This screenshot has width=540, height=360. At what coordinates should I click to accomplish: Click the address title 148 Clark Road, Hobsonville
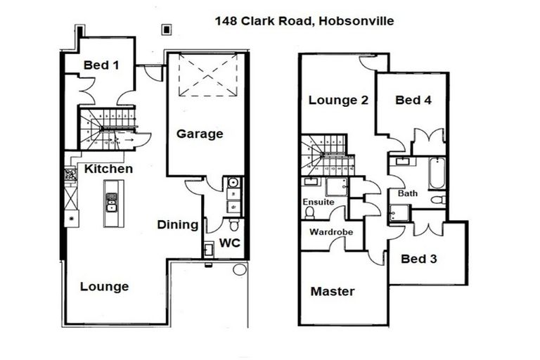(304, 21)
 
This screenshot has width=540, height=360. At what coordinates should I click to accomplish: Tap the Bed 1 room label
(101, 65)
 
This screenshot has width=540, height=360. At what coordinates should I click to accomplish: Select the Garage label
(199, 133)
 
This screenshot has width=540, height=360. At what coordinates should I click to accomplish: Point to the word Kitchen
(108, 169)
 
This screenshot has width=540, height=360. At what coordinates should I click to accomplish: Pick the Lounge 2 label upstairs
(338, 100)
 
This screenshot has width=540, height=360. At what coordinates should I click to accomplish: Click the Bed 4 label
(413, 100)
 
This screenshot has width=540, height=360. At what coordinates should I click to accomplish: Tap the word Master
(333, 291)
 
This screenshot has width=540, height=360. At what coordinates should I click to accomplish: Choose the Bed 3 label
(419, 258)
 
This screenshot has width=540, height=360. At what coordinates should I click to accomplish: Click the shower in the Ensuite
(335, 186)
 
